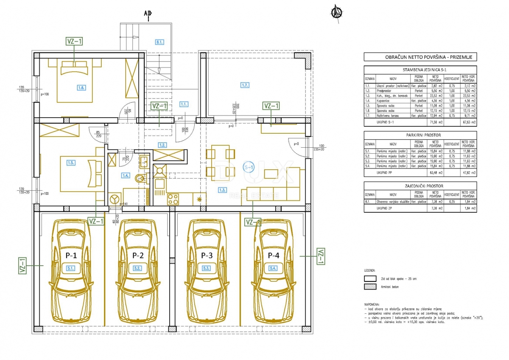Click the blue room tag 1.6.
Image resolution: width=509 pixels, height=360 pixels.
[x=81, y=88]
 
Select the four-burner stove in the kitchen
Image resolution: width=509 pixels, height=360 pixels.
[x=173, y=199]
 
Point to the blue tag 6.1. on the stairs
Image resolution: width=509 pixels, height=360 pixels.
[x=159, y=42]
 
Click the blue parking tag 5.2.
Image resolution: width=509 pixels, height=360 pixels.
[x=137, y=268]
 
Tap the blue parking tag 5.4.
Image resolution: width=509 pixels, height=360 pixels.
[x=273, y=268]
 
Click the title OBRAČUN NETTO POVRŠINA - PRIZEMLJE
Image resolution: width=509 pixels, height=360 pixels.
[x=420, y=57]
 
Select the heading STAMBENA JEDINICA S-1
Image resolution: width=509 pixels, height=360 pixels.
[x=420, y=70]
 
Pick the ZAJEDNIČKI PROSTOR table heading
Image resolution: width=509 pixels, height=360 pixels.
[x=420, y=186]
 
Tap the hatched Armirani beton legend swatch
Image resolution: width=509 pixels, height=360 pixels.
[x=370, y=287]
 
